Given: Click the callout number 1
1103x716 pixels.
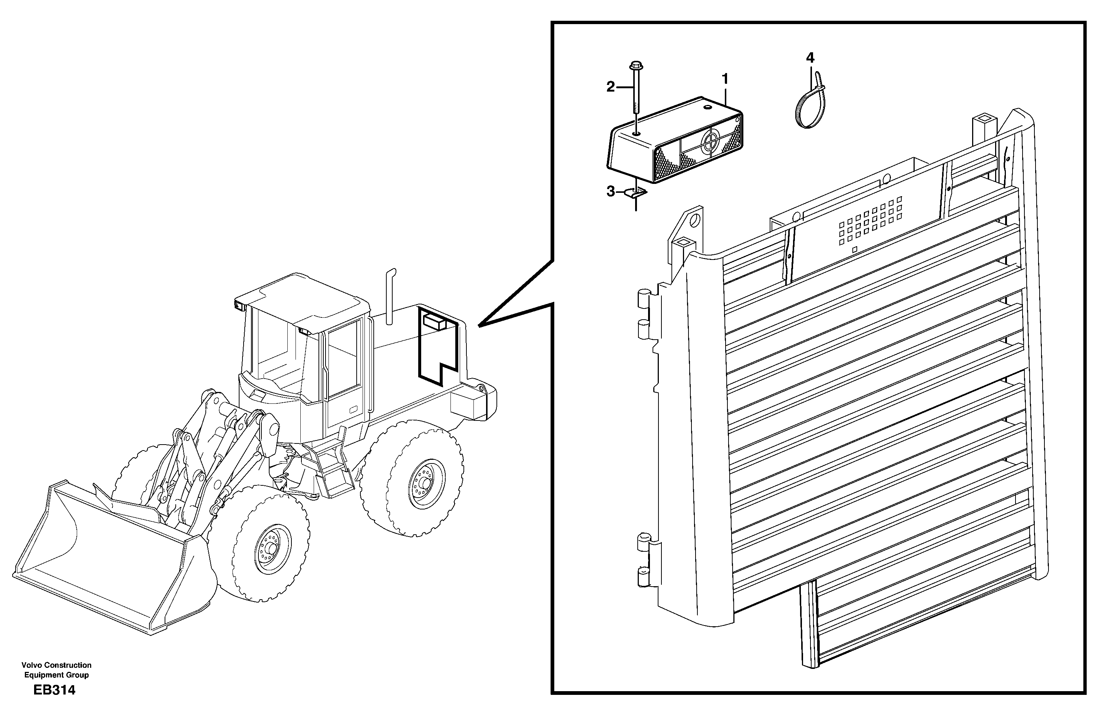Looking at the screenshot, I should [725, 79].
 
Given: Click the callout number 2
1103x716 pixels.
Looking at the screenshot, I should [611, 87].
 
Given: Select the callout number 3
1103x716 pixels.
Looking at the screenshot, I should [611, 191].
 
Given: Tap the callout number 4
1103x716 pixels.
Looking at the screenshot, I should [810, 58].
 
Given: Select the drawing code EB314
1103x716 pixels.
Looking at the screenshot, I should [54, 690].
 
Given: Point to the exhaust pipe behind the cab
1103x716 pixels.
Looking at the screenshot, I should [389, 297].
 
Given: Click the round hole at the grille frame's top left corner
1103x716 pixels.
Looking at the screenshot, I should [694, 220].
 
